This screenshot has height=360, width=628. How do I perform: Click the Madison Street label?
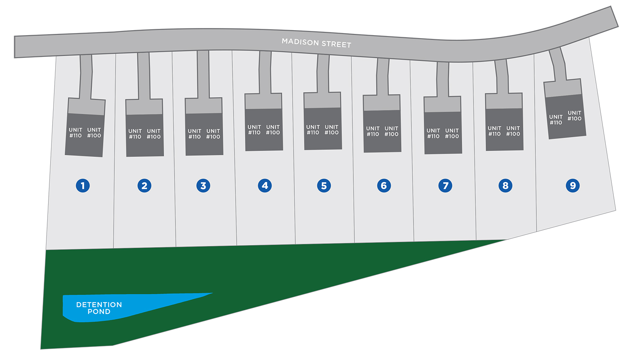pos(316,43)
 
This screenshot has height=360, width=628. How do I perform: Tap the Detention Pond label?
pos(99,308)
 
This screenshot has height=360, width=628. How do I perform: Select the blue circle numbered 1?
pos(83,185)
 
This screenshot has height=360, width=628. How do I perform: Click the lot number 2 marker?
pos(144,185)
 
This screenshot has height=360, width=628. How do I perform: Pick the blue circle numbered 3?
pos(203,185)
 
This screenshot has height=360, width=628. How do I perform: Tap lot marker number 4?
pos(265,185)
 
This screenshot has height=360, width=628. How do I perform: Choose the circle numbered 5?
pos(324,185)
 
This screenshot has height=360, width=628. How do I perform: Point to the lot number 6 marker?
pos(384,185)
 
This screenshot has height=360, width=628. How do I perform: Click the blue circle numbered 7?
pos(445,185)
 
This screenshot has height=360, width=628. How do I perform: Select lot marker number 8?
pos(505,185)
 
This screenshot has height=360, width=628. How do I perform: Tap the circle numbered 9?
pos(573,185)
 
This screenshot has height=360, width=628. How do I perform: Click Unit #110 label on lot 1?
pos(75,133)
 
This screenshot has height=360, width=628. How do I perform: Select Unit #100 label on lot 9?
pos(574,116)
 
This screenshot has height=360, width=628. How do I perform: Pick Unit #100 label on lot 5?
pos(332,130)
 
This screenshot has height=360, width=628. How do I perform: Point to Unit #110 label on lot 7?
pos(433,133)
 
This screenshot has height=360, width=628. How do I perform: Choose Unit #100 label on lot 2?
pos(154,134)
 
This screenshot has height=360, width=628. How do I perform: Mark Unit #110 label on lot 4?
pos(254,130)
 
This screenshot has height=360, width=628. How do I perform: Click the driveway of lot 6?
pos(383,77)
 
